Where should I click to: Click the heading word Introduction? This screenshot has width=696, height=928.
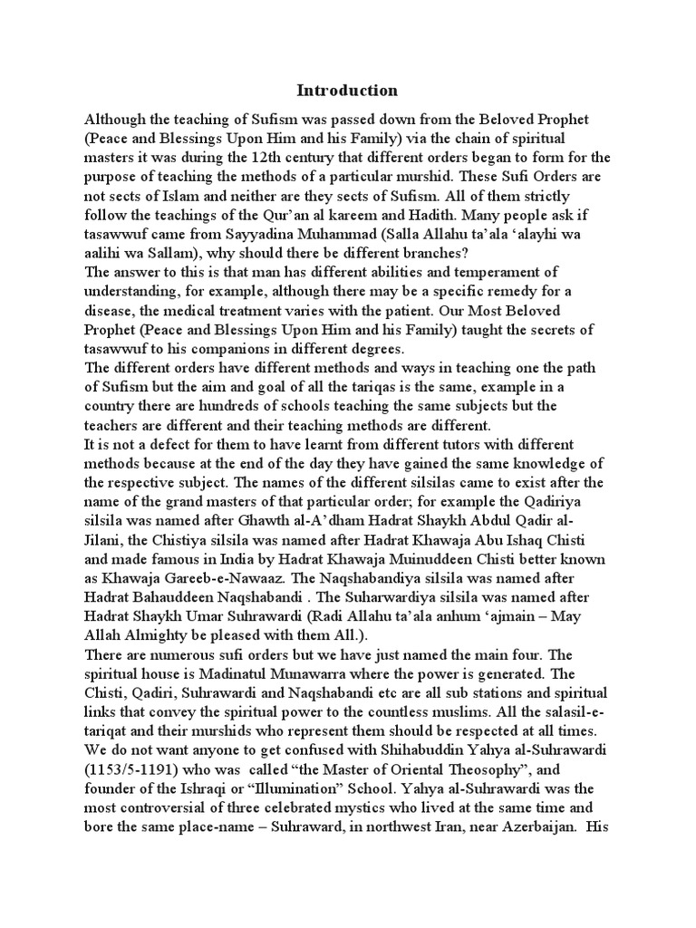[x=347, y=91]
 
